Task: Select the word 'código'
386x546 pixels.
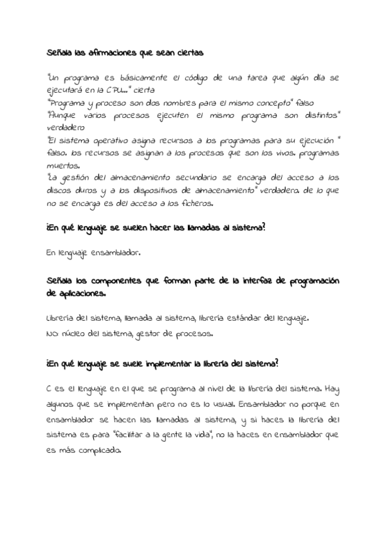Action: pos(192,78)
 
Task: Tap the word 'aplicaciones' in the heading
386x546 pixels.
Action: pos(82,294)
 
